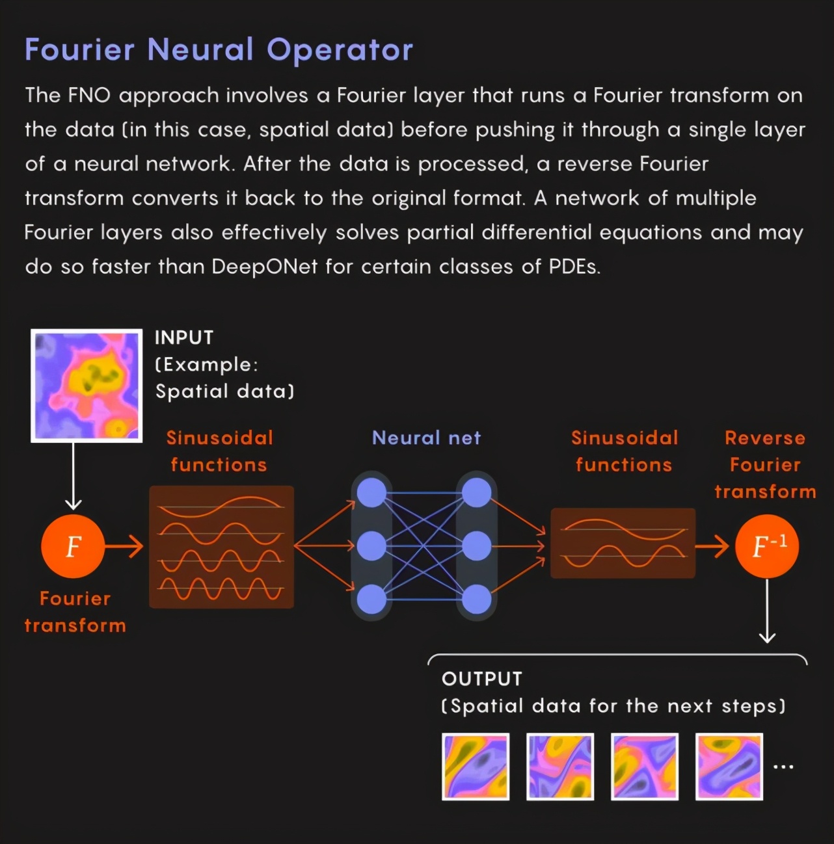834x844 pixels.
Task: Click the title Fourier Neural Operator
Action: (219, 50)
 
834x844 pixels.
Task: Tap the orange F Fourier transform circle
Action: (73, 546)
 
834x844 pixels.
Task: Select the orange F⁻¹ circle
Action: (767, 546)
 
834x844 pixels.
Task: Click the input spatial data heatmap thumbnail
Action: (87, 386)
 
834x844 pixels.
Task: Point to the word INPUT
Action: (184, 337)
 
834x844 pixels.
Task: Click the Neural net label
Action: (426, 438)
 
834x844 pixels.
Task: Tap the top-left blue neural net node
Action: (372, 493)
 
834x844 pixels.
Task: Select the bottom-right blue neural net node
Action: (477, 599)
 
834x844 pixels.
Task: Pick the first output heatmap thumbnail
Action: (476, 767)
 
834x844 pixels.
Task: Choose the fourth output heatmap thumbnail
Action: (729, 767)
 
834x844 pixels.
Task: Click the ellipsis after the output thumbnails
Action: (783, 767)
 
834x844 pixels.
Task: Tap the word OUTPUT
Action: (482, 679)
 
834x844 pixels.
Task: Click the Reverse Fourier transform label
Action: (765, 464)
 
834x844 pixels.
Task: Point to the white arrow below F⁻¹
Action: (768, 611)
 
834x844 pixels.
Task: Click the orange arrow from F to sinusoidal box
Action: (124, 546)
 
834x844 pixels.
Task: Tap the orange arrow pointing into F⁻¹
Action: (712, 546)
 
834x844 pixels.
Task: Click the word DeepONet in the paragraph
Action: (264, 267)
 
